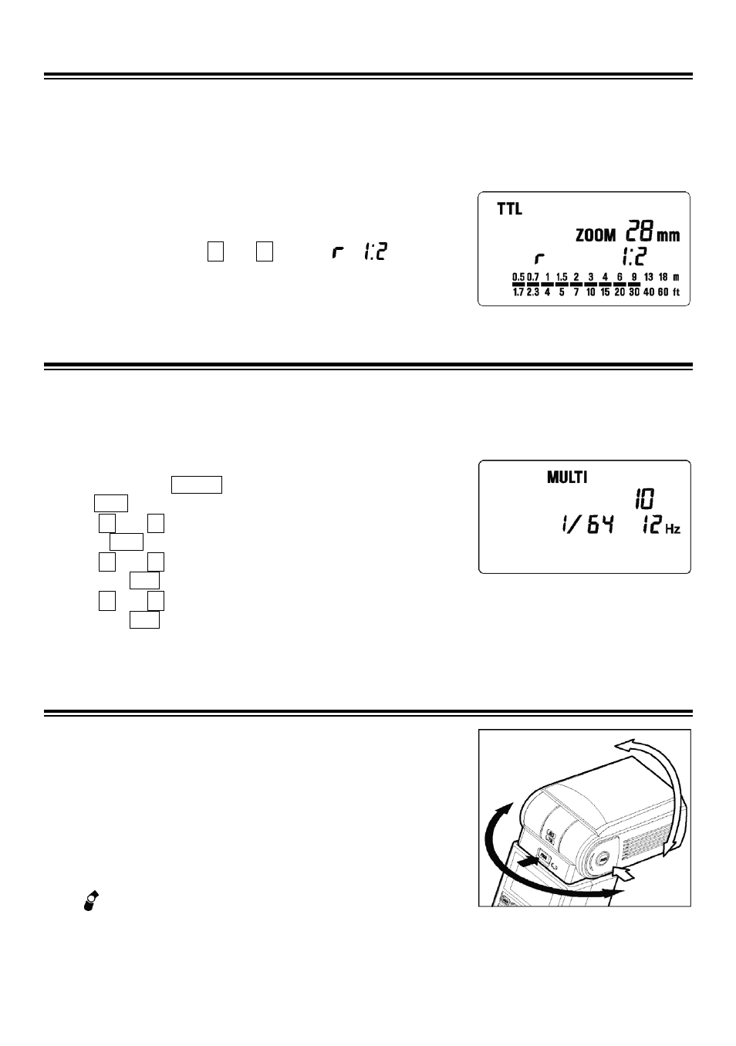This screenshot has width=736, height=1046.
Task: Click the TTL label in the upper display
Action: coord(509,209)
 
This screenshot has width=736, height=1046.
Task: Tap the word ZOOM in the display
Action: coord(596,235)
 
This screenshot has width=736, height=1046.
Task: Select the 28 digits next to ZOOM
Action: coord(640,231)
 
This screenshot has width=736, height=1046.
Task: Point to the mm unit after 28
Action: coord(668,235)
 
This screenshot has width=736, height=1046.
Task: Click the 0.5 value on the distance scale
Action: coord(518,277)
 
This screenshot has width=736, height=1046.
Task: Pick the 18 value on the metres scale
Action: coord(663,277)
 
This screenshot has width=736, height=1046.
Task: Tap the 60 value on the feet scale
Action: coord(663,292)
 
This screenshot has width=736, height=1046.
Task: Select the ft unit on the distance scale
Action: coord(676,292)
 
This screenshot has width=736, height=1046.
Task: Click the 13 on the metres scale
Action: coord(649,277)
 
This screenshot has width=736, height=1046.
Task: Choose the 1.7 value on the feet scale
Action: coord(518,292)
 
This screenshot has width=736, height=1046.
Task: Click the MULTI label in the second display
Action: coord(567,477)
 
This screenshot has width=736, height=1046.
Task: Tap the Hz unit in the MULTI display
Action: coord(673,529)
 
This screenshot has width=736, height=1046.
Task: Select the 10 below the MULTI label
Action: coord(644,499)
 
